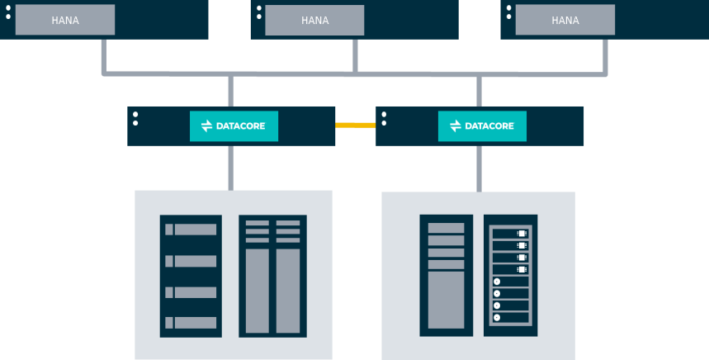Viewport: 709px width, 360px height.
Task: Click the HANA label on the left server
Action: click(65, 21)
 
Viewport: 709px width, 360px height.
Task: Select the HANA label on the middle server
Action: click(314, 21)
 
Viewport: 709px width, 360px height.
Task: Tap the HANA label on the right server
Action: click(565, 21)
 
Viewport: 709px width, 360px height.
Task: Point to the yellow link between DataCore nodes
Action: click(356, 126)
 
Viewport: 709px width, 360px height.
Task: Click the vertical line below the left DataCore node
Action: click(231, 168)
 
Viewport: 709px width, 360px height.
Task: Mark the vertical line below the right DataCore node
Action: click(479, 168)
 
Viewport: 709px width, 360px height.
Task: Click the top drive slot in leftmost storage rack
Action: click(191, 230)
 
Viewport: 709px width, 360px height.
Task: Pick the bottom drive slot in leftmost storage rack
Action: click(191, 323)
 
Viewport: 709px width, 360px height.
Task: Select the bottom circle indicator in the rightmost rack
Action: click(497, 317)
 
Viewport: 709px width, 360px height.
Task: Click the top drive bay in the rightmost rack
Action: click(510, 234)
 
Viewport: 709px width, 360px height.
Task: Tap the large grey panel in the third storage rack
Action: click(447, 300)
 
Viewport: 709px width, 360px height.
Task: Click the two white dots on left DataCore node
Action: click(135, 117)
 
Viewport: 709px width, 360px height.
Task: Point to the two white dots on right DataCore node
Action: click(384, 117)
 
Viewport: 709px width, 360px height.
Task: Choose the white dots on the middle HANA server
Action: click(258, 12)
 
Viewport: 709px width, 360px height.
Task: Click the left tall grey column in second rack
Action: click(258, 291)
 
